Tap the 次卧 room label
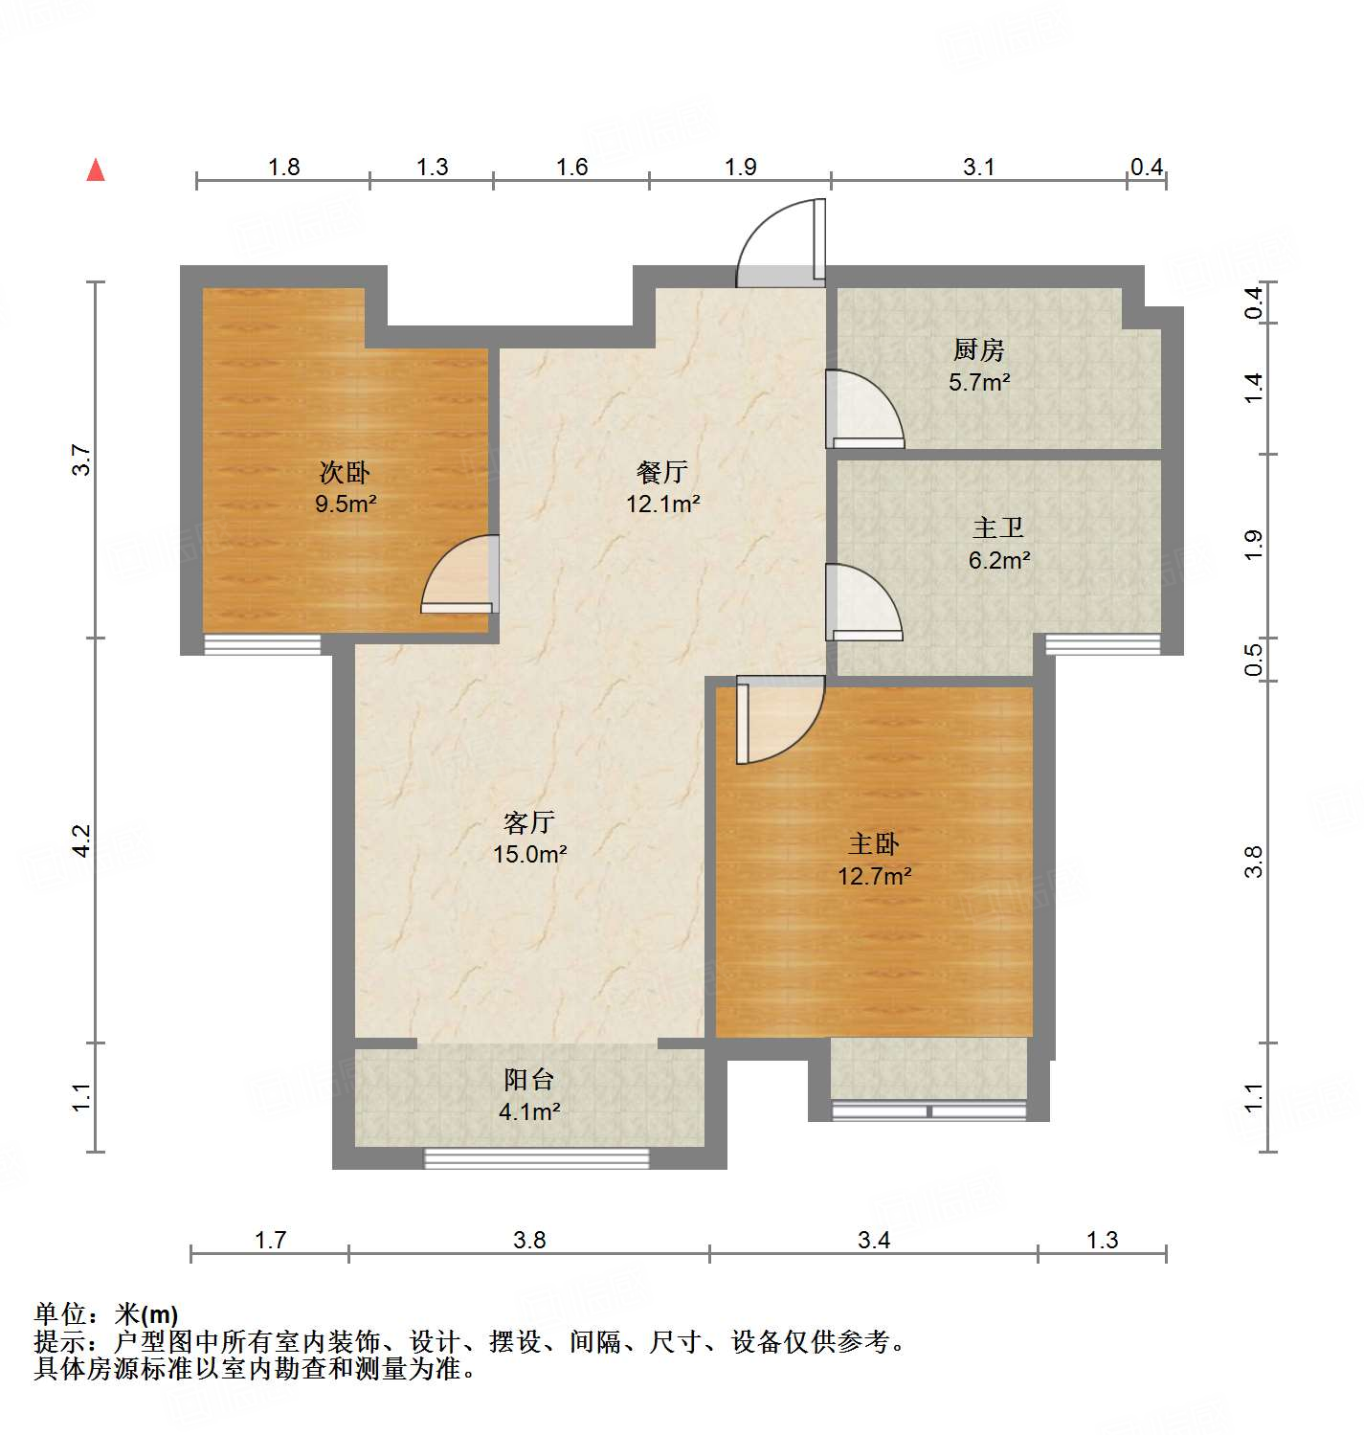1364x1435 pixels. tap(344, 472)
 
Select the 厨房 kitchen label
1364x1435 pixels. tap(978, 350)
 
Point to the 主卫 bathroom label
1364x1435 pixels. tap(998, 527)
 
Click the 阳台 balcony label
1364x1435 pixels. tap(528, 1080)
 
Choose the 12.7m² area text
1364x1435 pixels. tap(874, 876)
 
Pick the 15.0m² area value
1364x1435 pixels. tap(529, 854)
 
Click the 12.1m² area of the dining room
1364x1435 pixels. tap(662, 504)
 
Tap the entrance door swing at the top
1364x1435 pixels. tap(780, 244)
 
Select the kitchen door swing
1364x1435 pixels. tap(863, 410)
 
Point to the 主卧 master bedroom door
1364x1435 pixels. tap(777, 720)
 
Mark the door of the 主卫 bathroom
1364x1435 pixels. tap(863, 603)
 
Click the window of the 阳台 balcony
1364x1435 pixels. tap(536, 1159)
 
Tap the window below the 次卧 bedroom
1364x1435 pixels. tap(262, 645)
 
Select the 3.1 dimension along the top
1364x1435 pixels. tap(978, 168)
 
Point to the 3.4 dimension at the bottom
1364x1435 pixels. tap(873, 1241)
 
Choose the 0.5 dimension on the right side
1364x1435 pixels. tap(1254, 660)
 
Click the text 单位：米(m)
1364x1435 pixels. tap(106, 1313)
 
